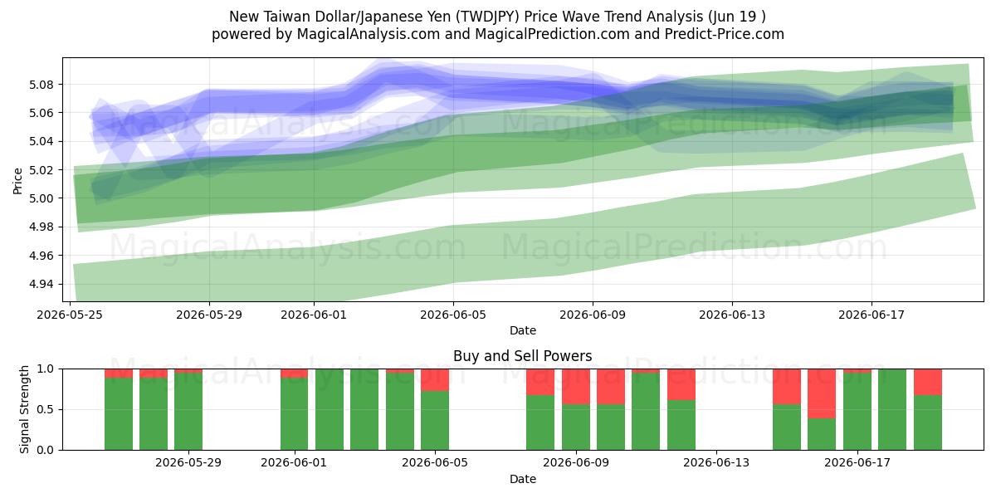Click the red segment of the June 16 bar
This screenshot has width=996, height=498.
click(822, 393)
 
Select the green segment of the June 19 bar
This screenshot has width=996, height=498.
click(928, 422)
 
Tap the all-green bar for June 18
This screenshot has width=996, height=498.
click(892, 409)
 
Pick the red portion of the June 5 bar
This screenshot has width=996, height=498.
click(435, 380)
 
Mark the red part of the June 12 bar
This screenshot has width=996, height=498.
click(681, 384)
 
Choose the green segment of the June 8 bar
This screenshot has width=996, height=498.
click(540, 422)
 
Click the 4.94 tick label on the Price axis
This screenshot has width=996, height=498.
click(41, 284)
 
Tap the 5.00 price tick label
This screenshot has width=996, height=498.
click(41, 198)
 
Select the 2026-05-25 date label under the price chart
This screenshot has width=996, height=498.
click(70, 315)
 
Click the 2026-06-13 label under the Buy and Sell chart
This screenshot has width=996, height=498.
click(715, 463)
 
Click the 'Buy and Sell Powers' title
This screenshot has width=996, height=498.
click(522, 356)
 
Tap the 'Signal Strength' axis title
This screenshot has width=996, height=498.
click(24, 409)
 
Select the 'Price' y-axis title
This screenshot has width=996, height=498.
click(17, 182)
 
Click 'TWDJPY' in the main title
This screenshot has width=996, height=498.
click(488, 17)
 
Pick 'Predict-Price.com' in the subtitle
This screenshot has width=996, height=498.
click(725, 34)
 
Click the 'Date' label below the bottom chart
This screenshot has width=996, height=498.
click(522, 479)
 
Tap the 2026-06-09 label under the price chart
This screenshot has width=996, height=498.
click(593, 315)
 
